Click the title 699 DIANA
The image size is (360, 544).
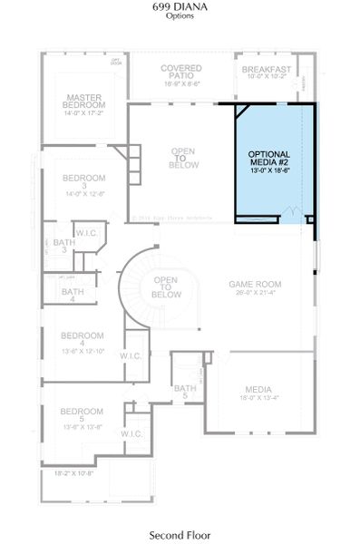[x=180, y=6]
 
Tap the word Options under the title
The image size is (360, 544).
[x=180, y=16]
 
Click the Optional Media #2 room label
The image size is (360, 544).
[x=274, y=160]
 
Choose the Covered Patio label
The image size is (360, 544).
[x=181, y=72]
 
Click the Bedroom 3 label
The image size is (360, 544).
[x=85, y=181]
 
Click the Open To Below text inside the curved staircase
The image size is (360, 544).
[x=165, y=287]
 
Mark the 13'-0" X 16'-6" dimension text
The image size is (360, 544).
[x=274, y=176]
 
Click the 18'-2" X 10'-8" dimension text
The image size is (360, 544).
[x=73, y=473]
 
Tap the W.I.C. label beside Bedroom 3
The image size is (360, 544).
[x=87, y=234]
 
